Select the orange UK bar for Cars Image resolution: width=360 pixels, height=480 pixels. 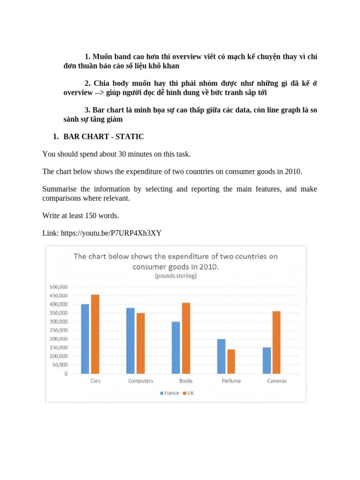pos(95,334)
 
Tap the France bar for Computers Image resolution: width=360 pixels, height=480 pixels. pos(130,341)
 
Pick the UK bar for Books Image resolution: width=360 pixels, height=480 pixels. pos(186,338)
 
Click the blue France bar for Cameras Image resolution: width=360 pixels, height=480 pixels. pos(267,360)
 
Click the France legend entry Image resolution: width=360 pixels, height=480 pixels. pos(169,393)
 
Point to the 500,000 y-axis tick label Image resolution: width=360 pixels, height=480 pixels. pos(58,287)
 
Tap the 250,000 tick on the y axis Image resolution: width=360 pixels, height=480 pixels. pos(58,330)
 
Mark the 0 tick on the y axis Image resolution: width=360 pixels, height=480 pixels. pos(65,374)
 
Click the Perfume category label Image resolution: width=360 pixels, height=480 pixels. pos(231,381)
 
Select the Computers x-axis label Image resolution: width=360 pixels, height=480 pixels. pos(141,381)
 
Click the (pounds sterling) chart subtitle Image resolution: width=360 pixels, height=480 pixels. pos(176,276)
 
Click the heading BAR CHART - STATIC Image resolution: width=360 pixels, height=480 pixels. pos(103,137)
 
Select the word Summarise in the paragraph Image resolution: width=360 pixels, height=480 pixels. pos(60,189)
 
